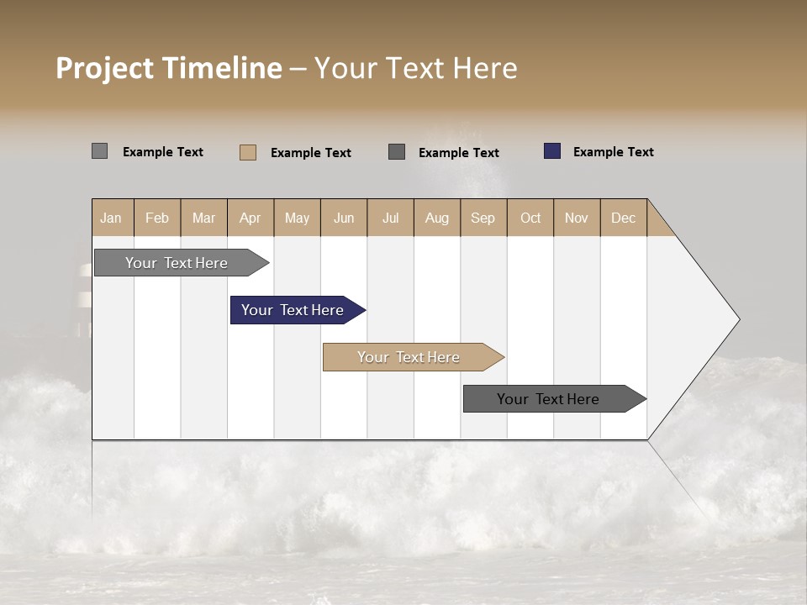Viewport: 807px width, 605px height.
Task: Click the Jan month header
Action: pos(111,218)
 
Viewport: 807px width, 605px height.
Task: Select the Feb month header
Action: pos(157,218)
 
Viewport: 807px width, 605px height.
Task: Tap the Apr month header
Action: pos(251,218)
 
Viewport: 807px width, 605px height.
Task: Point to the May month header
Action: pos(297,218)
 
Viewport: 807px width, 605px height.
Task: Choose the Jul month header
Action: pos(390,218)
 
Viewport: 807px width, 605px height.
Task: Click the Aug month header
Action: pos(437,218)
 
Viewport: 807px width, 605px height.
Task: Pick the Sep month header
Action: pos(483,218)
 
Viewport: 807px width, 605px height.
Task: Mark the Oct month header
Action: pos(530,218)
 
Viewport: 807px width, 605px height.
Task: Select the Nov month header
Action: pos(577,218)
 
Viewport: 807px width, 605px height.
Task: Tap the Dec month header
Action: pos(624,218)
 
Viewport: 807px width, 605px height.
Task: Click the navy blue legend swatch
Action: pos(552,151)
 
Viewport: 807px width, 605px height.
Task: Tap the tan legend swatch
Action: pos(248,152)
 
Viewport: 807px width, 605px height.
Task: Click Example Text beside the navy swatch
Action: pos(613,152)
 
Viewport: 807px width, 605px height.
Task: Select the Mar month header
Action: pos(203,218)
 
